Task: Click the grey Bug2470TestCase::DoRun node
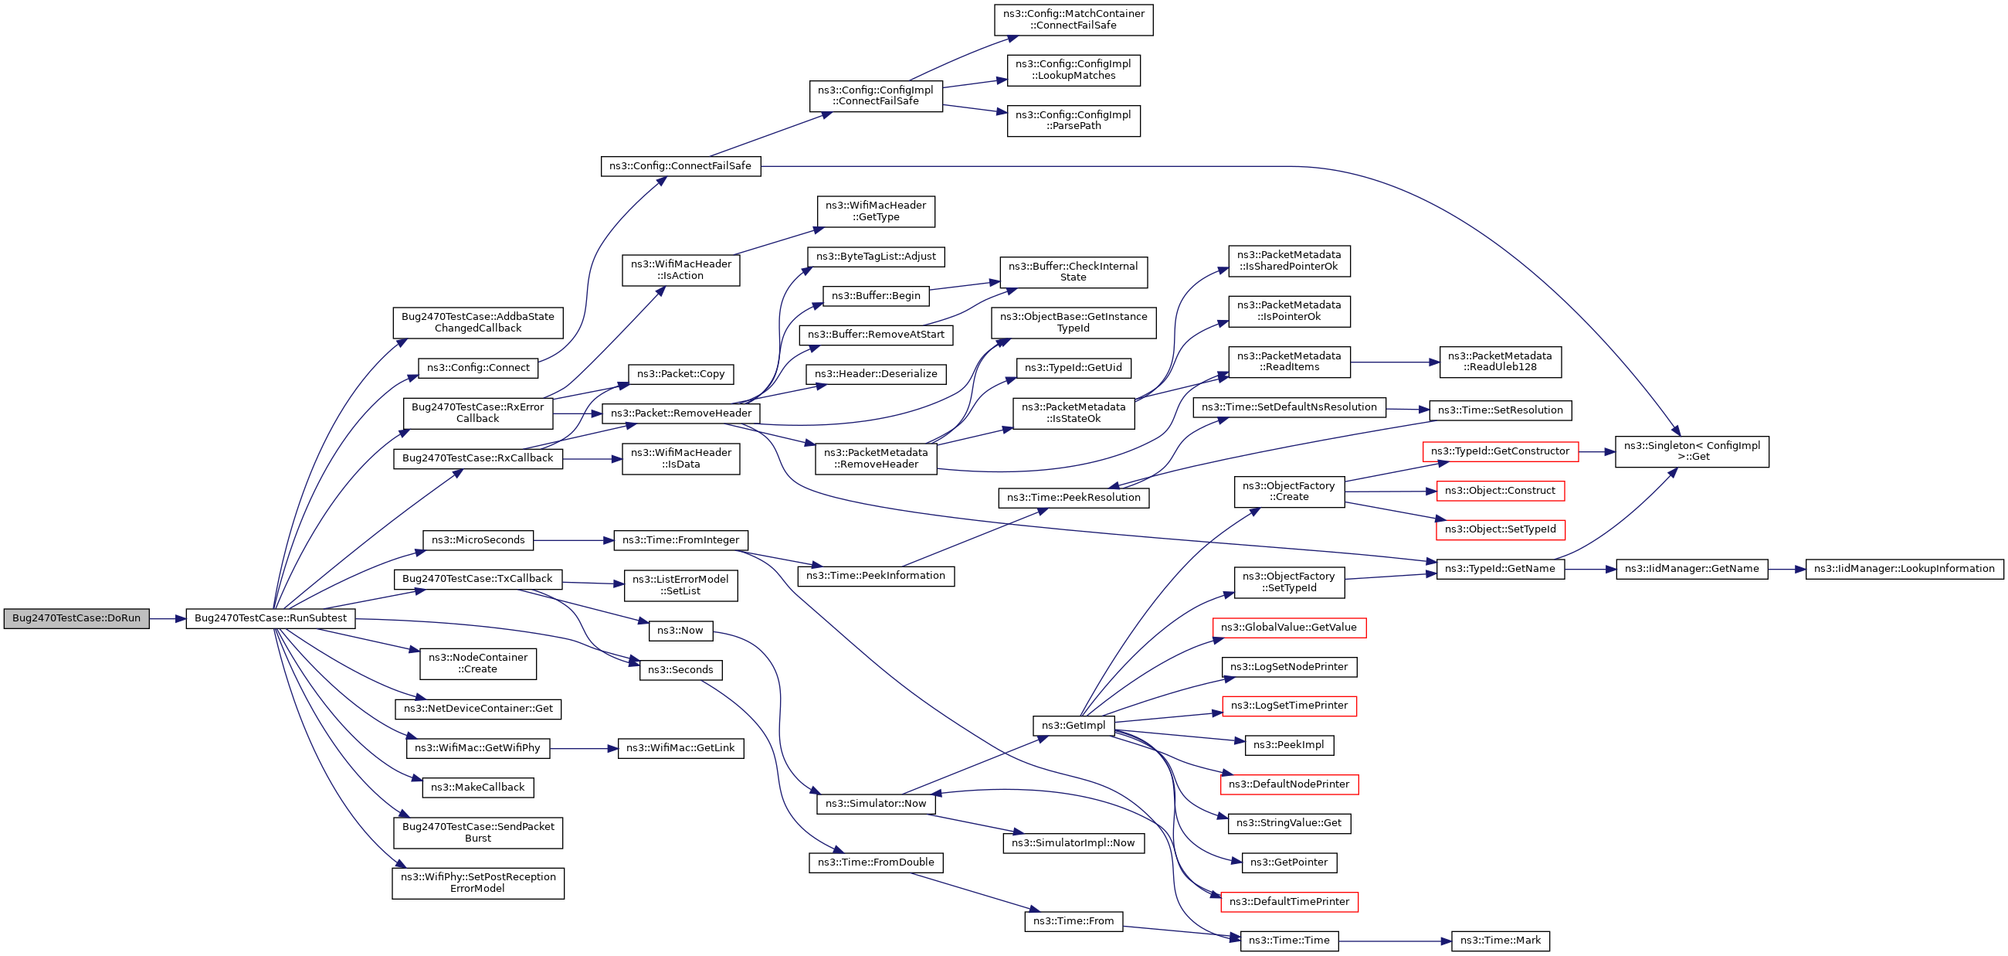(76, 618)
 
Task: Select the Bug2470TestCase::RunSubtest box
(270, 618)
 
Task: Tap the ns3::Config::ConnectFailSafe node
(680, 166)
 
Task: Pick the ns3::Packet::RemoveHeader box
(681, 413)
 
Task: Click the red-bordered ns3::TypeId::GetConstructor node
(1500, 451)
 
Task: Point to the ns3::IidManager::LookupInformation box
(1904, 570)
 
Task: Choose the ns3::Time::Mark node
(1500, 941)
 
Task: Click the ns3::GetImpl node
(1074, 726)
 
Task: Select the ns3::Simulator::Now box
(876, 804)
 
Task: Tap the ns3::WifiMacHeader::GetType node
(876, 211)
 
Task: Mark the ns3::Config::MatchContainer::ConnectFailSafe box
(1074, 19)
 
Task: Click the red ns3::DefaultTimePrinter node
(1289, 902)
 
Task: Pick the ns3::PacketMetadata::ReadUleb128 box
(1500, 362)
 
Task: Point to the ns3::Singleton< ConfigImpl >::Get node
(1691, 451)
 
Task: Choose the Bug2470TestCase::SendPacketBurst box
(478, 833)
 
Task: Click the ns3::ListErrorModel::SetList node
(680, 586)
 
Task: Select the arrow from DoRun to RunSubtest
(168, 619)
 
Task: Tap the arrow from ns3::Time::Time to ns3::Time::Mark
(1396, 941)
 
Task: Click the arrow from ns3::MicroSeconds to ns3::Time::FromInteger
(574, 540)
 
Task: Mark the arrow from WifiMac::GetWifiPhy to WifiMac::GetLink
(584, 749)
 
